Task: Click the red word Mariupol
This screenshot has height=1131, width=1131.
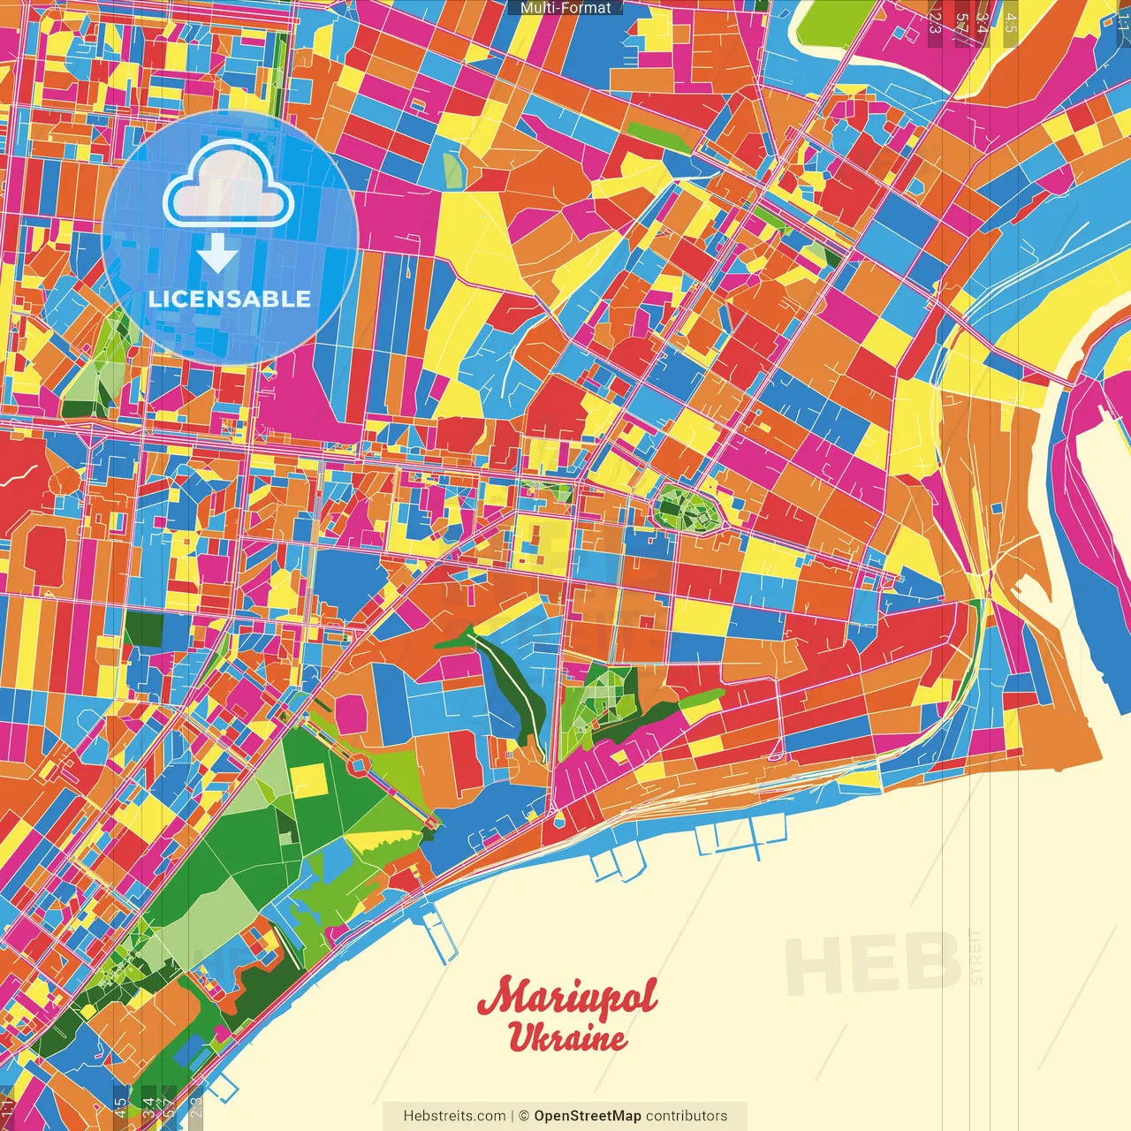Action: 567,998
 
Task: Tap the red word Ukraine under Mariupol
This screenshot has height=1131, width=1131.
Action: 567,1036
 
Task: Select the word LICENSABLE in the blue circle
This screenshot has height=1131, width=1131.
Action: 230,299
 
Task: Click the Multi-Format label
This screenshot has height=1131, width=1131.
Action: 565,8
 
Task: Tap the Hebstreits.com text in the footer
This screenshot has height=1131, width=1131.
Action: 454,1116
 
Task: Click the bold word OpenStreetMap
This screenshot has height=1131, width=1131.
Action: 588,1116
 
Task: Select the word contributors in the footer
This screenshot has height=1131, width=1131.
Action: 687,1116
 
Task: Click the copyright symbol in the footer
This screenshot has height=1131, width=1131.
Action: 523,1116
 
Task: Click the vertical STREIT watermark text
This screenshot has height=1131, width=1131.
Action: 975,957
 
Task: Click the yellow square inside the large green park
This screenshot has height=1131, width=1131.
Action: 307,779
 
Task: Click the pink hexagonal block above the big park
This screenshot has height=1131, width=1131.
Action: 351,713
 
